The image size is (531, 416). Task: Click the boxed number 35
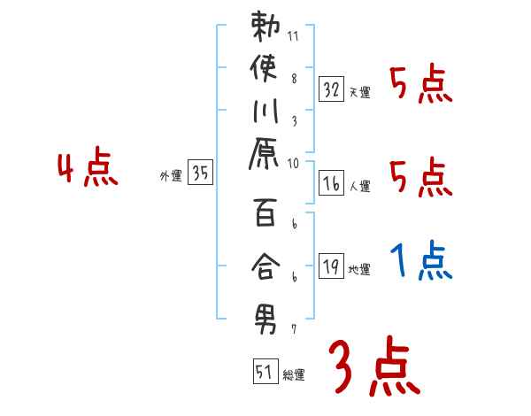[x=201, y=173]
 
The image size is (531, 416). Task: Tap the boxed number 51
[x=265, y=372]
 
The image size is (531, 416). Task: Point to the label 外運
[x=171, y=176]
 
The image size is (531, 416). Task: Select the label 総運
[x=294, y=375]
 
